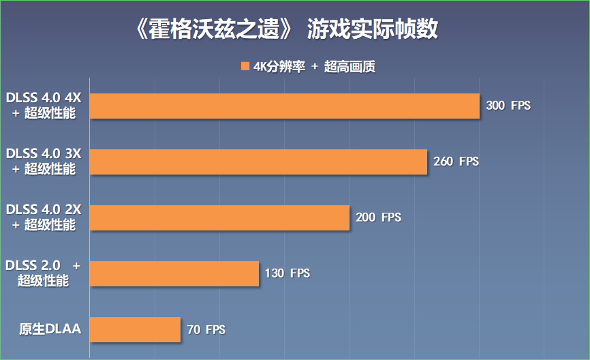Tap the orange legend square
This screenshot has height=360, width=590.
click(245, 66)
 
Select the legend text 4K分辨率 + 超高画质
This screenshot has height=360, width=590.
click(314, 66)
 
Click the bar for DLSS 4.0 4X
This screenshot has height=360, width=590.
click(285, 106)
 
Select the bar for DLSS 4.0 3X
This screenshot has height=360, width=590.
click(258, 162)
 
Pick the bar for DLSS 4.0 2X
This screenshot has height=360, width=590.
click(219, 217)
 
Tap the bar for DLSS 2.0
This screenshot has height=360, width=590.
click(174, 273)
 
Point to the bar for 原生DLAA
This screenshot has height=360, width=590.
click(135, 329)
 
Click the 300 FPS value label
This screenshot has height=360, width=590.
click(508, 106)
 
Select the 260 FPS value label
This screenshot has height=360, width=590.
click(456, 162)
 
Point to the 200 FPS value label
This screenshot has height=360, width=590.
click(378, 217)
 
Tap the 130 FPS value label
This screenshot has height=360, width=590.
click(287, 273)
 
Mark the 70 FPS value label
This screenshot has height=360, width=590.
click(206, 329)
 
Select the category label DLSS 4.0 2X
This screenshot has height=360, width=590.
click(44, 209)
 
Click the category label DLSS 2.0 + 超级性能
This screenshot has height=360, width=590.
click(44, 273)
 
